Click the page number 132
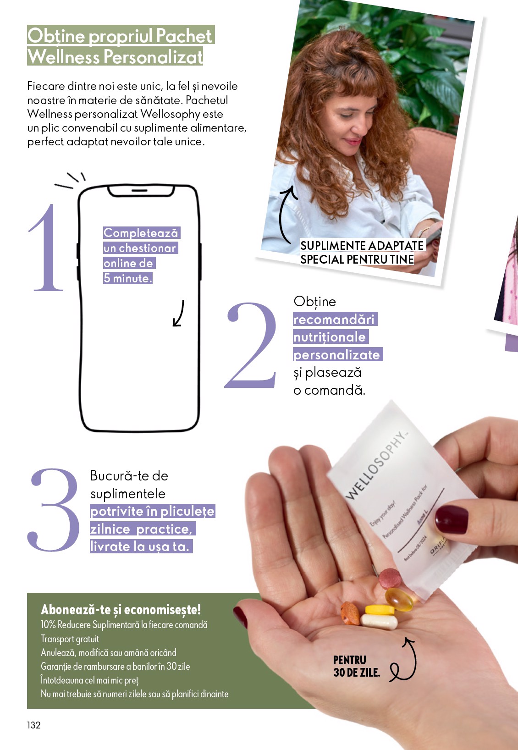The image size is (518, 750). (x=34, y=725)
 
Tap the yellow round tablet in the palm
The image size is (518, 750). (x=380, y=610)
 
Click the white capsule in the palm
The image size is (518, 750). (x=379, y=621)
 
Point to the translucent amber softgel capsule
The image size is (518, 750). (x=399, y=599)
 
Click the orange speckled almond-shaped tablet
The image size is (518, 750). (x=351, y=613)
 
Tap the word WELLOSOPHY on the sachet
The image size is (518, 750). (x=376, y=465)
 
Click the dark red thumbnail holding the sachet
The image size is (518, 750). (x=451, y=519)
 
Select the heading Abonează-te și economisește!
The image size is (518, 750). (x=121, y=609)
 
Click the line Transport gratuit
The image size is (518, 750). (x=70, y=639)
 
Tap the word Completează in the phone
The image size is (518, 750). (x=141, y=233)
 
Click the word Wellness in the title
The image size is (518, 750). (x=64, y=57)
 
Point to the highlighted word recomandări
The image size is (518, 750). (x=334, y=320)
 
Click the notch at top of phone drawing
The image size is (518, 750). (x=140, y=190)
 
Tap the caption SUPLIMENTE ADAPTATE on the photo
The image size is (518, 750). (x=362, y=245)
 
